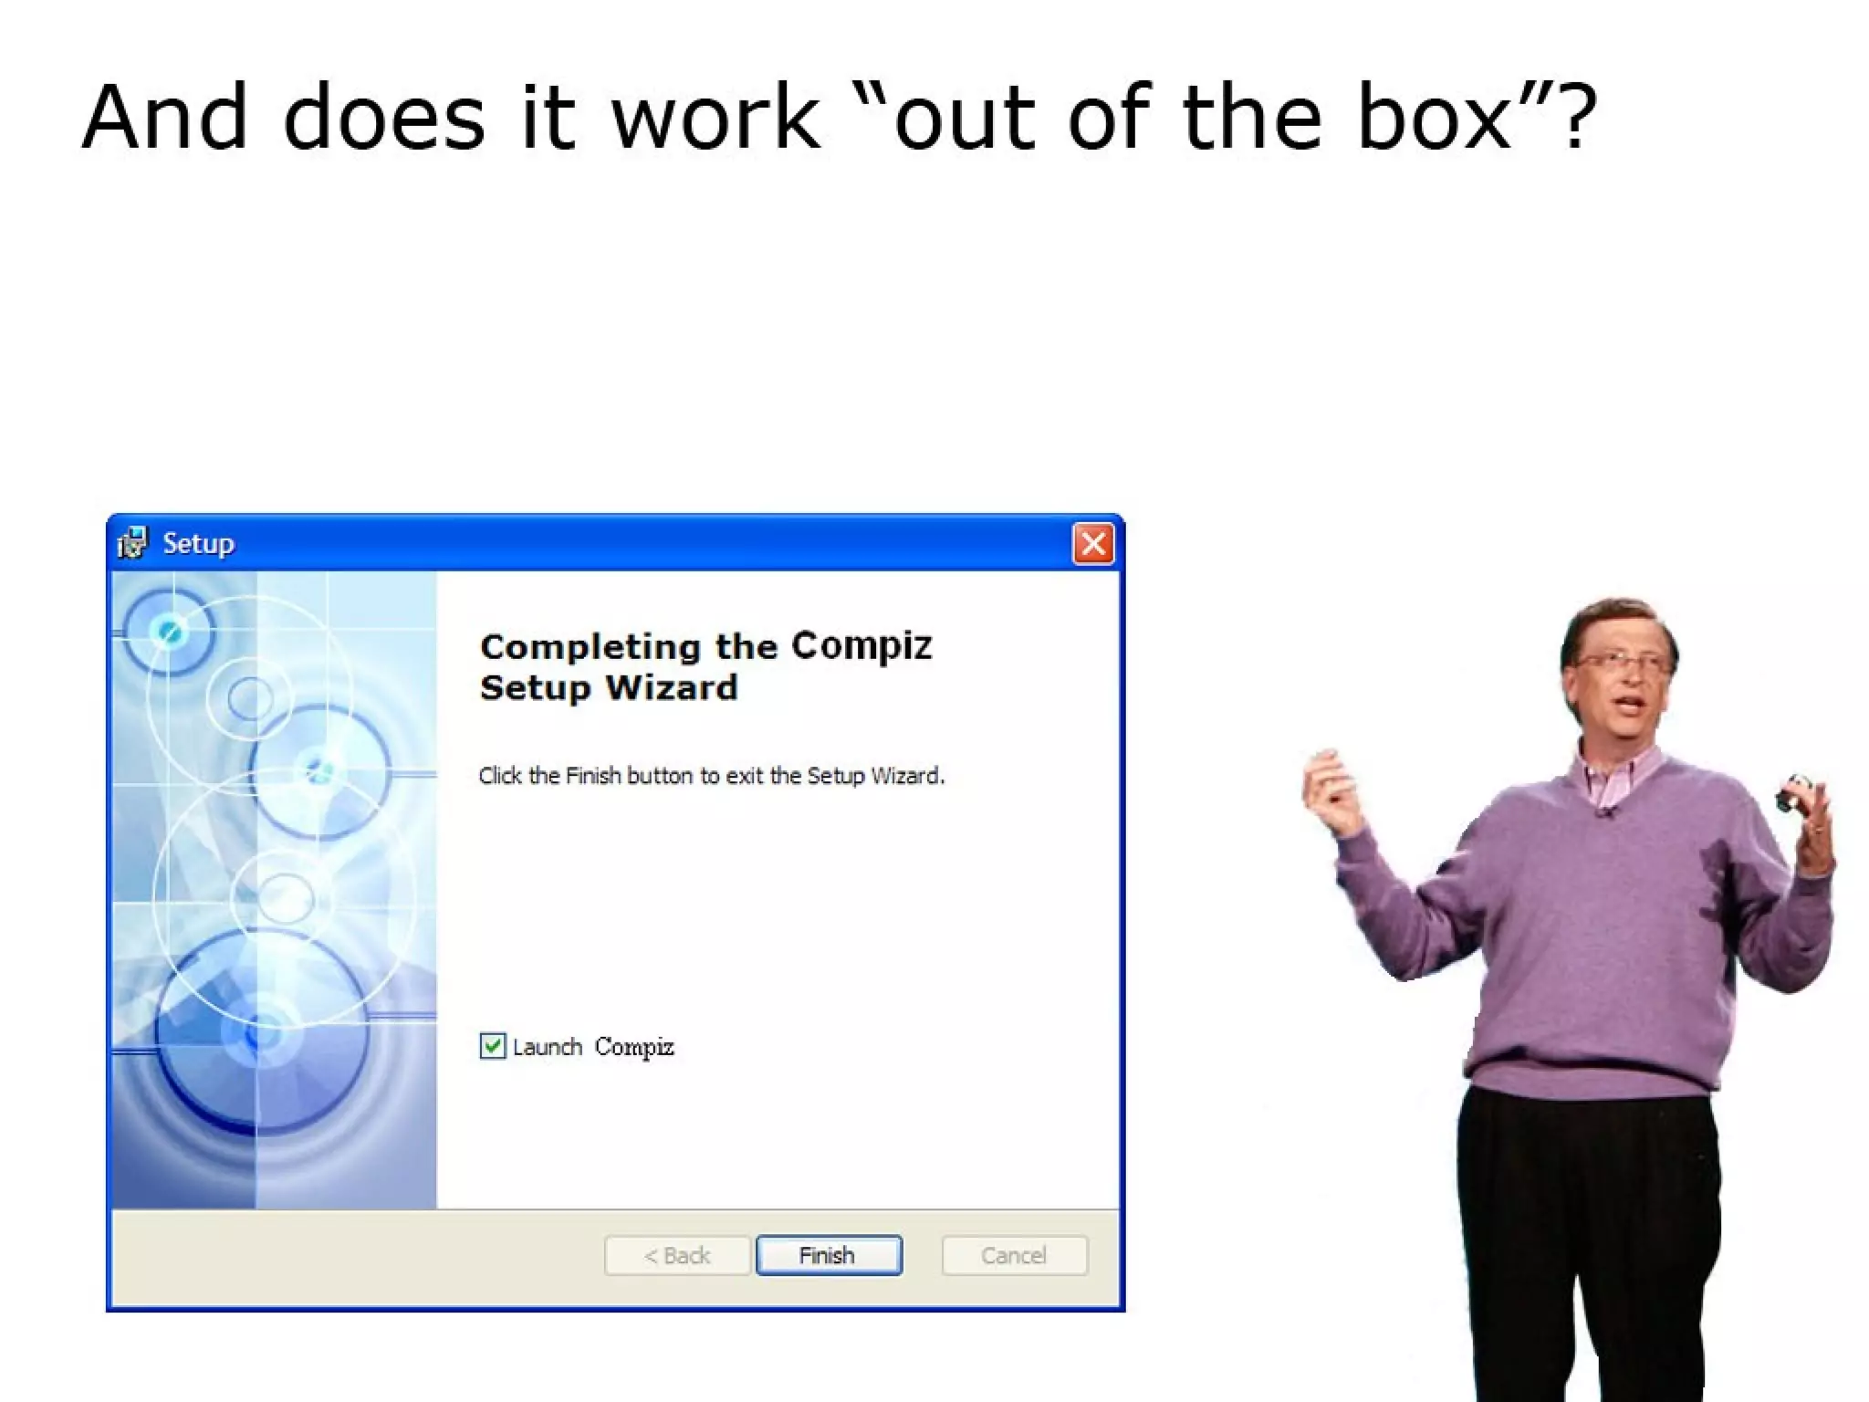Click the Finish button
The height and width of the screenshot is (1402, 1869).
pos(829,1255)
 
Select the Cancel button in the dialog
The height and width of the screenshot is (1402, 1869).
pos(1014,1255)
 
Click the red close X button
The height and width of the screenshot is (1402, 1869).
pos(1092,544)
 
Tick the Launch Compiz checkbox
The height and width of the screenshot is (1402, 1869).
pos(493,1045)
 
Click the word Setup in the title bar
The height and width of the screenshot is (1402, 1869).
pos(198,544)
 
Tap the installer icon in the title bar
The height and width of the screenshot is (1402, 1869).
pos(132,543)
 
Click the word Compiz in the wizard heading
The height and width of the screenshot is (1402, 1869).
pos(861,646)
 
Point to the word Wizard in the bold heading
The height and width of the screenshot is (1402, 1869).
pos(672,687)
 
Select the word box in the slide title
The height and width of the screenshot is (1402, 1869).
pos(1434,117)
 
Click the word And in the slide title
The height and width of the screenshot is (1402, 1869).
pos(165,117)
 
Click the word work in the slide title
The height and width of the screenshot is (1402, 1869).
pos(715,117)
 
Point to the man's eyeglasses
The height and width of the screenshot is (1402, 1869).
pos(1620,661)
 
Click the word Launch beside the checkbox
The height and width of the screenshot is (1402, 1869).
pos(548,1047)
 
